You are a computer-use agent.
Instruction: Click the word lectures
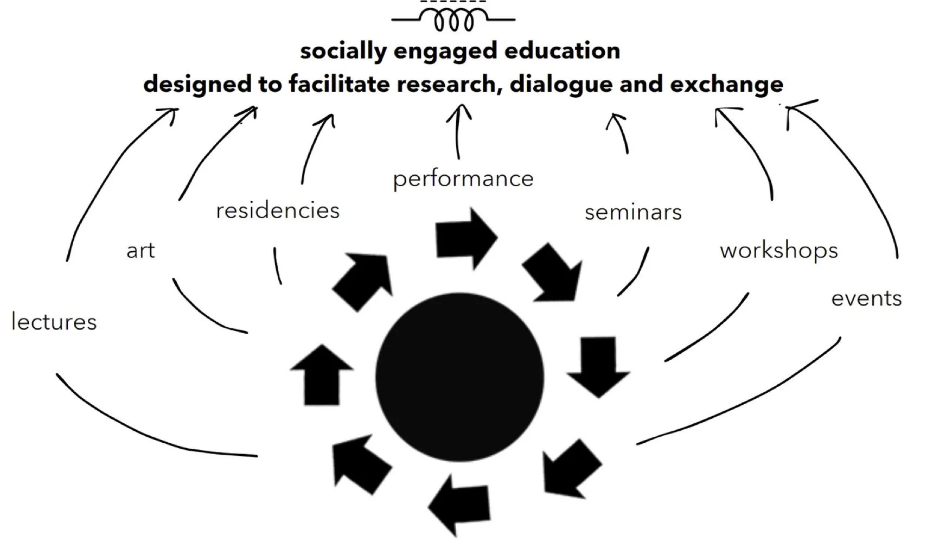coord(54,322)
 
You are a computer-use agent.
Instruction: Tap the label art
coord(140,251)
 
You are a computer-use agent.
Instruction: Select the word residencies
coord(277,211)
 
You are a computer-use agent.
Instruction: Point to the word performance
coord(463,179)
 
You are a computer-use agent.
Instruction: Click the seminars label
coord(633,213)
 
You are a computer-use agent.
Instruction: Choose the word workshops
coord(778,251)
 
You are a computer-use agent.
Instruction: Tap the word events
coord(866,298)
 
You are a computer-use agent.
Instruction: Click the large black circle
coord(459,377)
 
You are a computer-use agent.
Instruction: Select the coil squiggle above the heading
coord(453,21)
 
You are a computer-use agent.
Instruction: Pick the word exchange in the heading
coord(726,85)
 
